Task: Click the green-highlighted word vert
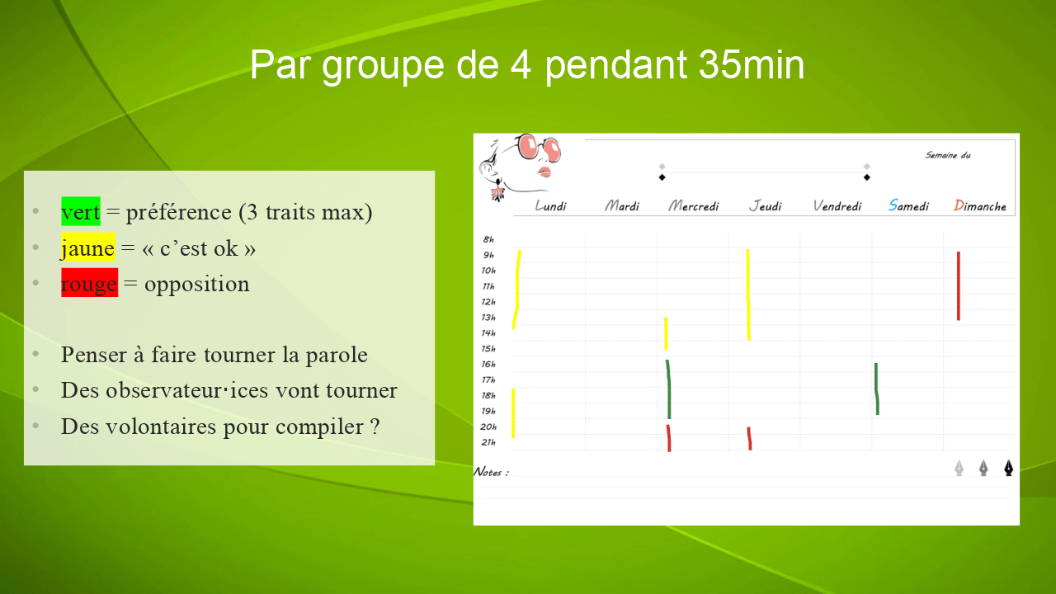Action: point(81,212)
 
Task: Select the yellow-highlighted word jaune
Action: point(88,247)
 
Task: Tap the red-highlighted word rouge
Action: point(89,283)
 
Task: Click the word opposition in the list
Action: point(196,285)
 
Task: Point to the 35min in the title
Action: point(752,64)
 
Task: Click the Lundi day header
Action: point(550,205)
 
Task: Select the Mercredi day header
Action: point(694,205)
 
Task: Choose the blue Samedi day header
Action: point(908,205)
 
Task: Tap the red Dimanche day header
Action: point(979,205)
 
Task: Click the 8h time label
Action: point(488,239)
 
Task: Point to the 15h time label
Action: point(488,349)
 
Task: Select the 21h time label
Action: point(488,442)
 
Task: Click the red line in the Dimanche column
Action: point(959,286)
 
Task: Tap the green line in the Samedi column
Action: point(877,389)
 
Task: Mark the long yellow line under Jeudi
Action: point(748,295)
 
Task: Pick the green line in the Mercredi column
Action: point(668,389)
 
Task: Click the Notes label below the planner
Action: point(491,472)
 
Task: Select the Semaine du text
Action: point(948,155)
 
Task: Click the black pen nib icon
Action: point(1008,468)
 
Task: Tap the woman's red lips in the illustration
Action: point(544,172)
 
